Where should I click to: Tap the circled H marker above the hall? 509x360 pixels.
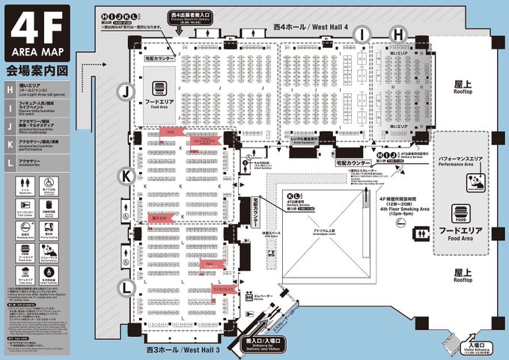click(398, 34)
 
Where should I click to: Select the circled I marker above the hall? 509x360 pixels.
click(364, 34)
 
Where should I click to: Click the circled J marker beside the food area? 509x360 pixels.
click(128, 91)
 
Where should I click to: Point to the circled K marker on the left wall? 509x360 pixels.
click(128, 177)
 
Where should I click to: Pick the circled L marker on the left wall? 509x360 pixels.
click(128, 287)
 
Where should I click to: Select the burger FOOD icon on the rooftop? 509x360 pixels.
click(459, 213)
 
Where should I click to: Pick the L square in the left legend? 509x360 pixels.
click(9, 162)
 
